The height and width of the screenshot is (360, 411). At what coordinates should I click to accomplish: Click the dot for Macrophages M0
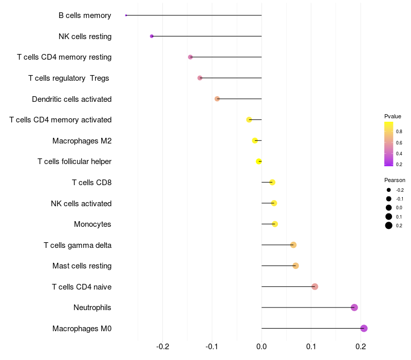pos(364,329)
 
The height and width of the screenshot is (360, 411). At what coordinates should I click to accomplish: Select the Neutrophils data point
pos(354,308)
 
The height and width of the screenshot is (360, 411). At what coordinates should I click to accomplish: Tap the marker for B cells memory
pos(126,15)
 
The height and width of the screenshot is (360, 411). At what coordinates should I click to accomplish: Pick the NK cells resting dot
pos(152,36)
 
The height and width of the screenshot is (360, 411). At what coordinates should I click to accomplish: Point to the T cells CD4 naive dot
pos(315,286)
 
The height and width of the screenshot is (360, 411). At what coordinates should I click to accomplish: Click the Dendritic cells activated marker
pos(217,99)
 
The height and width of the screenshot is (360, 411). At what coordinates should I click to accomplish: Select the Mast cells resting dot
pos(295,266)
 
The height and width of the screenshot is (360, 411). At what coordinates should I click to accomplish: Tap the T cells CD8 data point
pos(272,182)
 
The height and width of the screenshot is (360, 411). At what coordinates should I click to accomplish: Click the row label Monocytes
pos(92,224)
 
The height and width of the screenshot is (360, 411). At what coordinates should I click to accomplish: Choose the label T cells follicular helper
pos(74,161)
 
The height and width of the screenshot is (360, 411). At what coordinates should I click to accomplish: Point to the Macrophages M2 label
pos(82,140)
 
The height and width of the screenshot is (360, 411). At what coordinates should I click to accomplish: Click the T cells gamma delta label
pos(78,245)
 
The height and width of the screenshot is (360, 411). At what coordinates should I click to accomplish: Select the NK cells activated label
pos(81,203)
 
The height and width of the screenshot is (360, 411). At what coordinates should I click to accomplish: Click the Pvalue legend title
pos(393,116)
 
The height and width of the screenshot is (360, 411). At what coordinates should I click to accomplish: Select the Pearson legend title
pos(395,180)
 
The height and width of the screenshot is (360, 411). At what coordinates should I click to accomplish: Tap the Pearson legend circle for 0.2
pos(389,225)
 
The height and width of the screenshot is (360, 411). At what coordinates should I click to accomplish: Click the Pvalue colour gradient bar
pos(388,144)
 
